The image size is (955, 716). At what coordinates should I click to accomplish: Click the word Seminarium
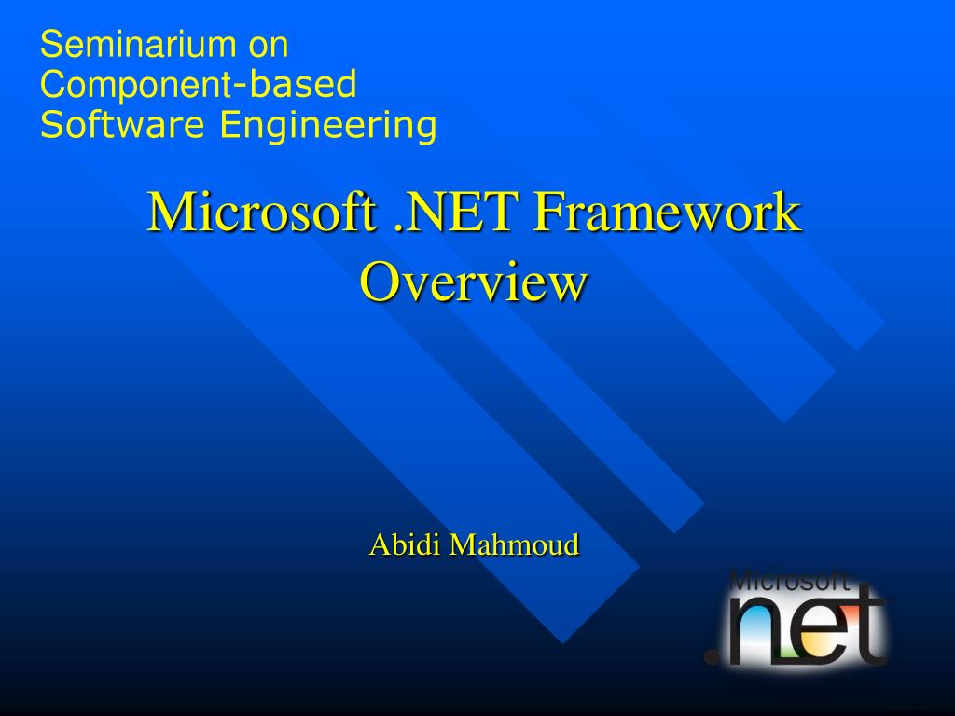coord(131,44)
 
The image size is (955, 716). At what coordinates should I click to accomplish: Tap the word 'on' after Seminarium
coord(269,44)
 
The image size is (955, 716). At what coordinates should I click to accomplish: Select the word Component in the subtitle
coord(135,85)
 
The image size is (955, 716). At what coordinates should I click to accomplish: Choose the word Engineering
coord(328,125)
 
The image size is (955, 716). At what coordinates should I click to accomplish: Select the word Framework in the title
coord(667,212)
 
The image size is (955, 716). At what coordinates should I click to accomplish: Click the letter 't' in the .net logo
coord(866,625)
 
